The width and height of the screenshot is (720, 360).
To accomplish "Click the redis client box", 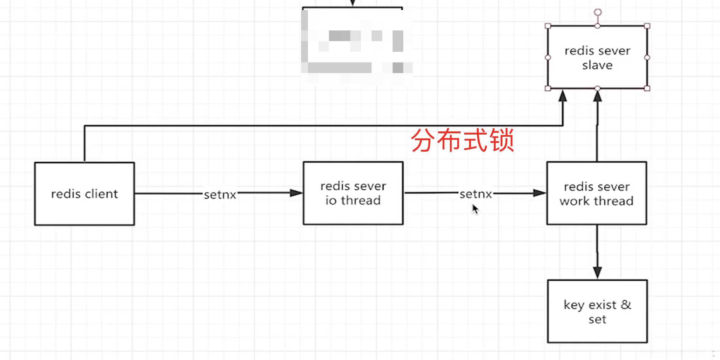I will (x=84, y=194).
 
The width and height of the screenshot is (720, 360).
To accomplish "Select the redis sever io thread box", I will (x=353, y=193).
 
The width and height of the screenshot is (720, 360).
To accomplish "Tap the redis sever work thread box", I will (x=596, y=193).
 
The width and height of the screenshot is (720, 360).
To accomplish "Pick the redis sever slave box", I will (x=597, y=58).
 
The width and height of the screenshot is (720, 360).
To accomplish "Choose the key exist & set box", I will (x=597, y=311).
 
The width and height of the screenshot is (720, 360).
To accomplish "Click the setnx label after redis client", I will (x=220, y=195).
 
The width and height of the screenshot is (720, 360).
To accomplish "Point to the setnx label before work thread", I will (x=476, y=194).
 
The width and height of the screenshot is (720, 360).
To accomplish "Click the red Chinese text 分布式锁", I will (x=463, y=140).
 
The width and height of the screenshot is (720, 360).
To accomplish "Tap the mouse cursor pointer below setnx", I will (x=475, y=209).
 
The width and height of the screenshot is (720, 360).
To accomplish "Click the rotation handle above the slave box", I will (x=598, y=12).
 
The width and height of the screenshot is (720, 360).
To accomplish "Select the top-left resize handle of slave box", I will (x=548, y=26).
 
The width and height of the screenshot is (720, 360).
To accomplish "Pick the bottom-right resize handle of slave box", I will (x=647, y=88).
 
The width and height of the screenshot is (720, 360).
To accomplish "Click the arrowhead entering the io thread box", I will (x=296, y=193).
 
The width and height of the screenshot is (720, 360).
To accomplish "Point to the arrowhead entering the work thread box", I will (x=540, y=193).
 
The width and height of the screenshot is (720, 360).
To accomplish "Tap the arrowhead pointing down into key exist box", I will (x=597, y=272).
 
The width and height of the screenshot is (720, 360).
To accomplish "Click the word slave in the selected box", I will (x=597, y=65).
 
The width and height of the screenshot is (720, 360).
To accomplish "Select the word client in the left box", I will (x=101, y=194).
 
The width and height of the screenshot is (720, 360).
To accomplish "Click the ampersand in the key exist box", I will (x=626, y=304).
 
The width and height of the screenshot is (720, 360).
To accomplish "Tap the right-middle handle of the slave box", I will (x=647, y=58).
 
